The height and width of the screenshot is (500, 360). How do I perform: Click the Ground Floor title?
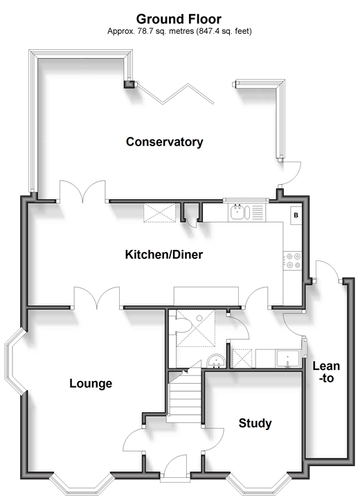tap(179, 19)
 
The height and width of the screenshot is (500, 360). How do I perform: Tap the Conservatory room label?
tap(165, 142)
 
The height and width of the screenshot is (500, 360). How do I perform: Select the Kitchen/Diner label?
tap(164, 254)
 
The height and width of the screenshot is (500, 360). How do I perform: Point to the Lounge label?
tap(91, 383)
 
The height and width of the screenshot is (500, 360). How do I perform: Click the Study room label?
tap(255, 423)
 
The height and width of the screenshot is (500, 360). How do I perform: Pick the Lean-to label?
tap(326, 372)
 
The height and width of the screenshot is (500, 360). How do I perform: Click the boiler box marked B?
tap(296, 215)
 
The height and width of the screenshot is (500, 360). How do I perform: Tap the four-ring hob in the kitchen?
tap(294, 260)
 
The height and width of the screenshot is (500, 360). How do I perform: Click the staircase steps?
tap(186, 395)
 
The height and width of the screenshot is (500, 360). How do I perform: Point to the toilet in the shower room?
tap(183, 326)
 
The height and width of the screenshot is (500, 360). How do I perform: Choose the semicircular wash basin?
tap(216, 361)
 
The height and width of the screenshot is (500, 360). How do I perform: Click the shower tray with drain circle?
tap(195, 328)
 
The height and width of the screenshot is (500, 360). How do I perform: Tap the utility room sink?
tap(288, 359)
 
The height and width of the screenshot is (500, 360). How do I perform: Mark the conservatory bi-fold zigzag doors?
tap(175, 93)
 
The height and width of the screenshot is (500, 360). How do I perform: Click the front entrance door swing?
tap(175, 465)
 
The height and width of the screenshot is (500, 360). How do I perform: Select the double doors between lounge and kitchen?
tap(97, 298)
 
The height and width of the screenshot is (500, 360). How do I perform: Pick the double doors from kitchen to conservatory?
tap(82, 191)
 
